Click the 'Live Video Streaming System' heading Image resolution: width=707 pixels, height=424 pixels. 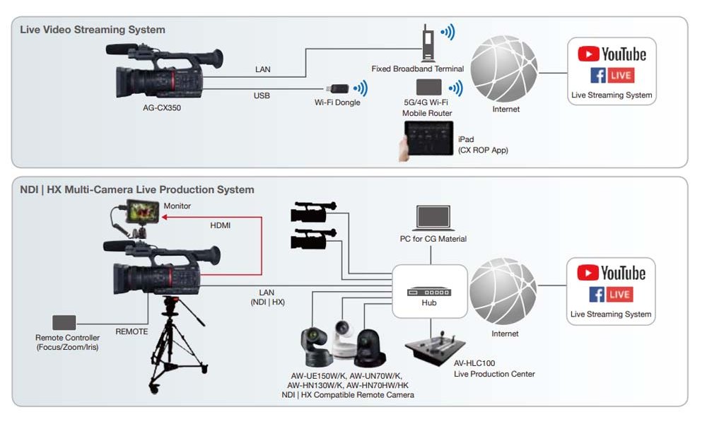click(x=92, y=30)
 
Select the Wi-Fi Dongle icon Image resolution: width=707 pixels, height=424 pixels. click(x=337, y=89)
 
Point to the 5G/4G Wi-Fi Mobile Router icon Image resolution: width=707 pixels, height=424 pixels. click(x=428, y=88)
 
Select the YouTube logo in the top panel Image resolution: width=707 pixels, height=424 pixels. click(x=612, y=54)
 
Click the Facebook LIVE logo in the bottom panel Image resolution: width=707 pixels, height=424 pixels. click(x=612, y=294)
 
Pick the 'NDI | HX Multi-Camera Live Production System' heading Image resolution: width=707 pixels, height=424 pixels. click(x=136, y=190)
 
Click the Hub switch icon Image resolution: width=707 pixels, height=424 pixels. click(x=428, y=291)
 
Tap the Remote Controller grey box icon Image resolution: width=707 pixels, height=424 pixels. click(x=64, y=322)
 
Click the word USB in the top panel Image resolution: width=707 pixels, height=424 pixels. click(x=262, y=95)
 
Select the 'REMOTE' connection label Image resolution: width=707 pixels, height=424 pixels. click(x=132, y=331)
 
